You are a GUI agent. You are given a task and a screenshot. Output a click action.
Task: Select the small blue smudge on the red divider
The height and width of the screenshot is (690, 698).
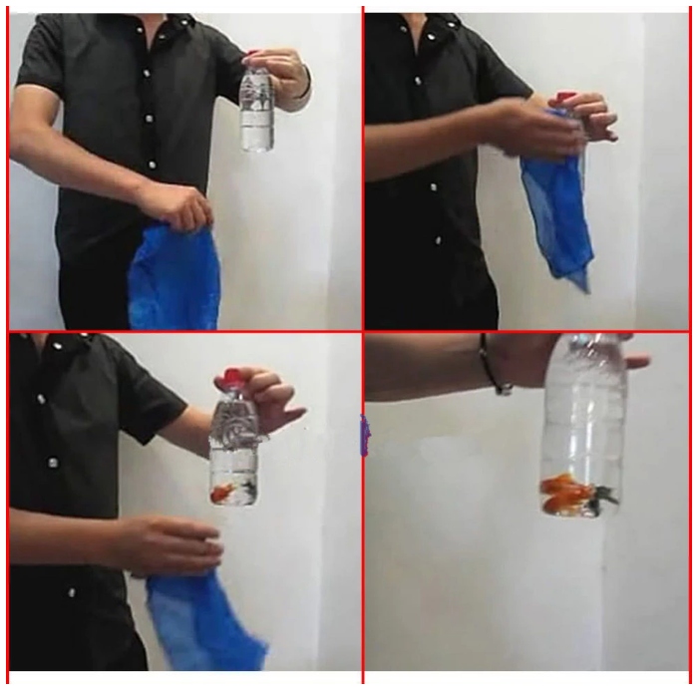(364, 435)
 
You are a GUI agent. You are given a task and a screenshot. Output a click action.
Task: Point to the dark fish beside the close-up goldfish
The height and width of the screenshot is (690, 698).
(601, 496)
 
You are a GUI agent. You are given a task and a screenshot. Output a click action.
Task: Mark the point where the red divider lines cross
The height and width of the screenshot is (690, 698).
(363, 331)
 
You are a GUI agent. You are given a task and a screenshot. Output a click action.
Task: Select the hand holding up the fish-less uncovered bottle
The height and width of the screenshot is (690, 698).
(284, 72)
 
